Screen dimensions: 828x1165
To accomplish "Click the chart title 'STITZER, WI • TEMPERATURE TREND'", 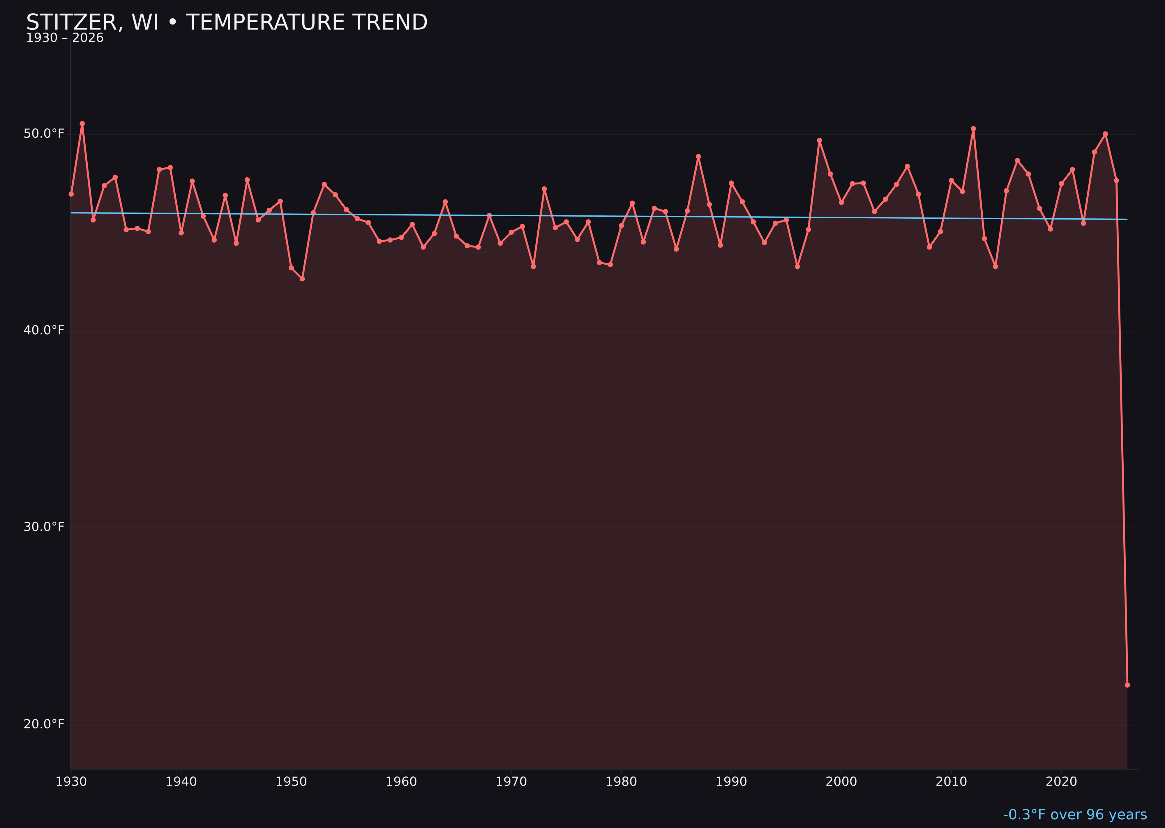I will pyautogui.click(x=227, y=22).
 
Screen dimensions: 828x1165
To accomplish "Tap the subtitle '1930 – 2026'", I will pyautogui.click(x=65, y=38).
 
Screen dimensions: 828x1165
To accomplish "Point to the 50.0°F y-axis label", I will pyautogui.click(x=44, y=134).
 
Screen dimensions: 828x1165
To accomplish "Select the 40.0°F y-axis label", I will pyautogui.click(x=44, y=330).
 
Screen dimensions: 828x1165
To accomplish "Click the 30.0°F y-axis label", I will pyautogui.click(x=44, y=527).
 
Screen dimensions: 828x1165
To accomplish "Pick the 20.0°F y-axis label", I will pyautogui.click(x=44, y=724).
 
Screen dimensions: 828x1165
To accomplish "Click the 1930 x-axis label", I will pyautogui.click(x=71, y=782).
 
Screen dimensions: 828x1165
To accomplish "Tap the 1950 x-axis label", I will pyautogui.click(x=291, y=782).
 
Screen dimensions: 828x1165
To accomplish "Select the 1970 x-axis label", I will pyautogui.click(x=511, y=782).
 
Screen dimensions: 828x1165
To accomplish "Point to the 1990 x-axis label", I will pyautogui.click(x=731, y=782).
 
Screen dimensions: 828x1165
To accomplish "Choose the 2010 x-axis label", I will pyautogui.click(x=951, y=782).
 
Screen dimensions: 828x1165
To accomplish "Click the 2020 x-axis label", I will pyautogui.click(x=1061, y=782).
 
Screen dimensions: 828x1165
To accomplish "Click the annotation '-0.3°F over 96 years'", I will pyautogui.click(x=1075, y=815).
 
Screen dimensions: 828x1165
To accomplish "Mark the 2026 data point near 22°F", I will pyautogui.click(x=1127, y=685).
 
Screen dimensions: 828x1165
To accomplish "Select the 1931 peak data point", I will pyautogui.click(x=82, y=123).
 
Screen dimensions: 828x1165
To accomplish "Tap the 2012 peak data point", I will pyautogui.click(x=973, y=129).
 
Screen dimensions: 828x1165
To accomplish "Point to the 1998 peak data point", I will pyautogui.click(x=819, y=140).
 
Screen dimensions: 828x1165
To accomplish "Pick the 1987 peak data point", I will pyautogui.click(x=698, y=157).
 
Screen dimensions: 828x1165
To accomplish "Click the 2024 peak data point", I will pyautogui.click(x=1105, y=134).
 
